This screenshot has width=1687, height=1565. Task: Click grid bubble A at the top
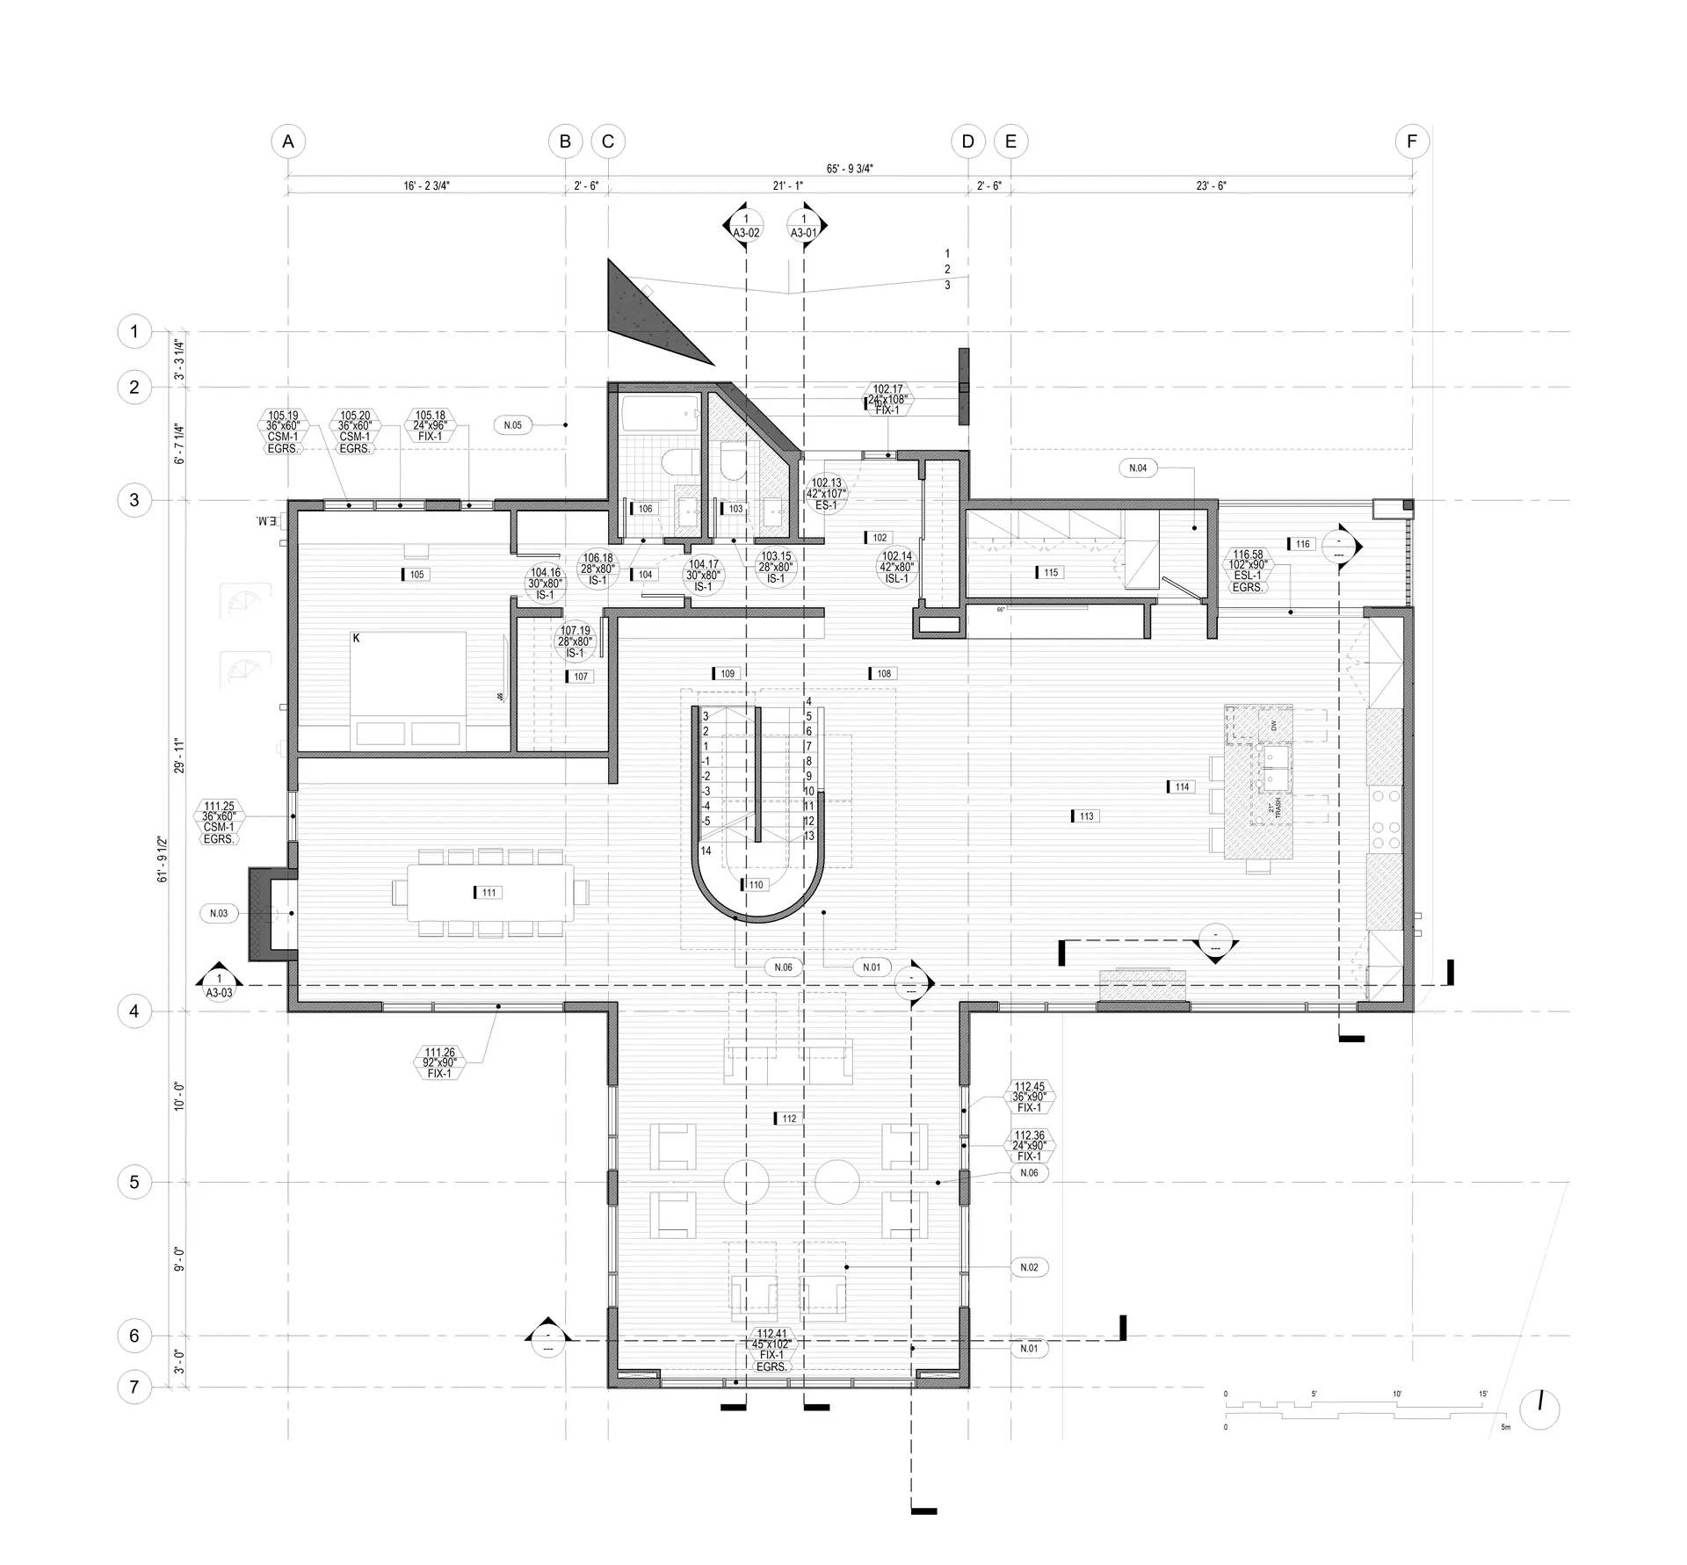288,141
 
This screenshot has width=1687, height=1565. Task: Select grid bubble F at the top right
1412,141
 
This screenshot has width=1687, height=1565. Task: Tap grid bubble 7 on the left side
134,1387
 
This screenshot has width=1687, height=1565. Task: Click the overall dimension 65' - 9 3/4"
850,169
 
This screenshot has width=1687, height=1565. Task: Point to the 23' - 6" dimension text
1210,186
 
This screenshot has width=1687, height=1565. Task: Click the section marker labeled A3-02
746,227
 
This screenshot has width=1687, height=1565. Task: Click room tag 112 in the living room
788,1119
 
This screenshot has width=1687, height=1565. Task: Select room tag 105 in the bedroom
416,575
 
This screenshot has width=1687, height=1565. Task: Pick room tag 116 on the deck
1301,544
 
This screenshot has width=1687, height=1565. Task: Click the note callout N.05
512,425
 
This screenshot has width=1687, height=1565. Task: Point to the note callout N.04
1138,468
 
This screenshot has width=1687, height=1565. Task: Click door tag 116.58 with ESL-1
1248,571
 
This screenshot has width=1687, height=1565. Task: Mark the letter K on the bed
357,638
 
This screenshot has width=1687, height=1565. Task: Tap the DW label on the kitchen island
1273,726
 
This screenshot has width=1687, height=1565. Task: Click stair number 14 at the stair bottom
706,851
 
